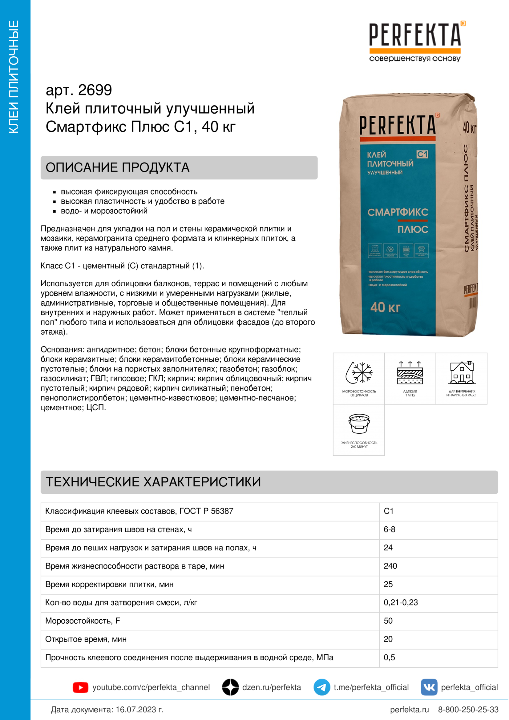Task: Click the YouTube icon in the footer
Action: coord(80,687)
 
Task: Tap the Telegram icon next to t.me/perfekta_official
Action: coord(321,687)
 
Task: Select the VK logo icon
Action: coord(429,687)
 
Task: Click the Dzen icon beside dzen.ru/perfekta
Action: coord(231,687)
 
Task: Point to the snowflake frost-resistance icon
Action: coord(359,373)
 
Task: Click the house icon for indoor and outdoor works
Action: coord(462,373)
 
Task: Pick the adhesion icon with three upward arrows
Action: coord(410,373)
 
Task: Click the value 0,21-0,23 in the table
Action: coord(401,602)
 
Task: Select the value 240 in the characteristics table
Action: coord(390,566)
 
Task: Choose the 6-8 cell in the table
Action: coord(389,529)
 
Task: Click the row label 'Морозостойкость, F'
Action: coord(83,621)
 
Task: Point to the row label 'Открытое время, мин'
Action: coord(86,639)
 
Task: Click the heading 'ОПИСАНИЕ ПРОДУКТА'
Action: coord(118,167)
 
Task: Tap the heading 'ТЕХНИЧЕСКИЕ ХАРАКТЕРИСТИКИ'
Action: coord(153,482)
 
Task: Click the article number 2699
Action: coord(95,90)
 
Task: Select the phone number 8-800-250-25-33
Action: coord(468,709)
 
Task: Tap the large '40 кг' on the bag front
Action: coord(385,307)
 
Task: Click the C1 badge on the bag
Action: coord(422,154)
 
